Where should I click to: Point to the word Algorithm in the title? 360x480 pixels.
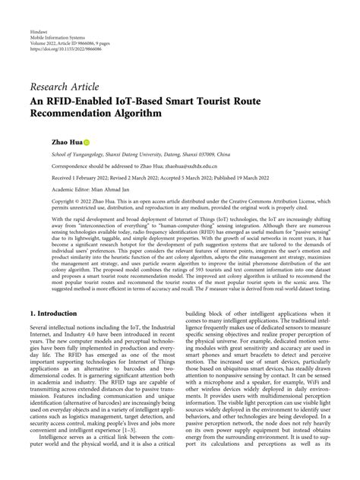click(144, 114)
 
